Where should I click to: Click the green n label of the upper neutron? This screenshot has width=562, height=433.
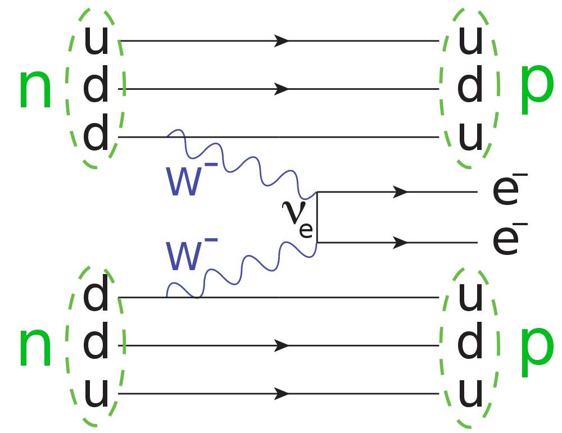pyautogui.click(x=35, y=89)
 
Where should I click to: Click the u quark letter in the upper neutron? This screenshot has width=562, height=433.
pyautogui.click(x=96, y=41)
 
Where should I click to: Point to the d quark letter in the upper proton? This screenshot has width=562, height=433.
pyautogui.click(x=470, y=88)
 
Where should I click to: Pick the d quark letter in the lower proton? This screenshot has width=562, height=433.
pyautogui.click(x=470, y=344)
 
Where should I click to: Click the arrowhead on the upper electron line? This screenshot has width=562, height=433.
pyautogui.click(x=400, y=192)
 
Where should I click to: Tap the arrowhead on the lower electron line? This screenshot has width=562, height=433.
pyautogui.click(x=400, y=243)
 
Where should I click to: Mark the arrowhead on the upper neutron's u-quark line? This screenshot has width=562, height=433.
pyautogui.click(x=282, y=40)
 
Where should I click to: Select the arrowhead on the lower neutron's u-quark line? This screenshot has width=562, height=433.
pyautogui.click(x=282, y=394)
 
